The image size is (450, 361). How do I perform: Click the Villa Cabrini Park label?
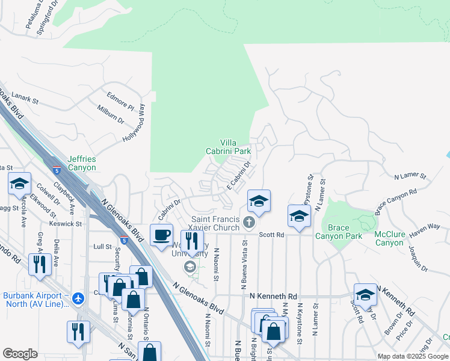tap(227, 146)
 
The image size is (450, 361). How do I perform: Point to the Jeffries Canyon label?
tap(82, 163)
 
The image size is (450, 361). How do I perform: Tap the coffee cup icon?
tap(161, 235)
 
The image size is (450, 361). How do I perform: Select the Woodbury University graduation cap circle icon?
tap(190, 267)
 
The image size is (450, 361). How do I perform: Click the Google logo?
tap(20, 354)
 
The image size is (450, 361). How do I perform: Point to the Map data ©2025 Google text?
tap(412, 356)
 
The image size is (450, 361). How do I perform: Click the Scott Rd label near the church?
tap(271, 236)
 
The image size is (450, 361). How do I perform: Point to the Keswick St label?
tap(66, 224)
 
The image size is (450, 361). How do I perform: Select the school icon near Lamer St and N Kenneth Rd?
tap(365, 294)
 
